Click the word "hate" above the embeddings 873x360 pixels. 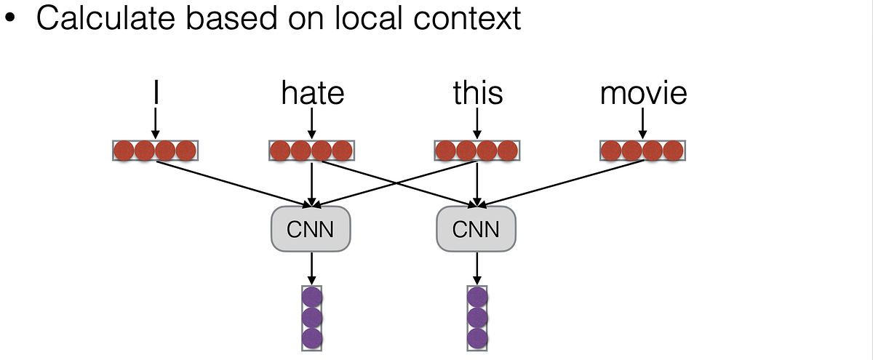tap(312, 95)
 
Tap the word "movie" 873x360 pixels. tap(643, 95)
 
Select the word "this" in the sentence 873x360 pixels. tap(477, 95)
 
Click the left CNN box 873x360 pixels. tap(311, 230)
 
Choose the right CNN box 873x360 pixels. tap(476, 230)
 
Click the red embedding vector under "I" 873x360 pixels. tap(155, 151)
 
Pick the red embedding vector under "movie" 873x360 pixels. tap(642, 151)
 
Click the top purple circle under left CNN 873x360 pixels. tap(311, 297)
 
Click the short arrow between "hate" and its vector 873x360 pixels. tap(311, 124)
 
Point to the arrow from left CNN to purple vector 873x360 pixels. tap(311, 268)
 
